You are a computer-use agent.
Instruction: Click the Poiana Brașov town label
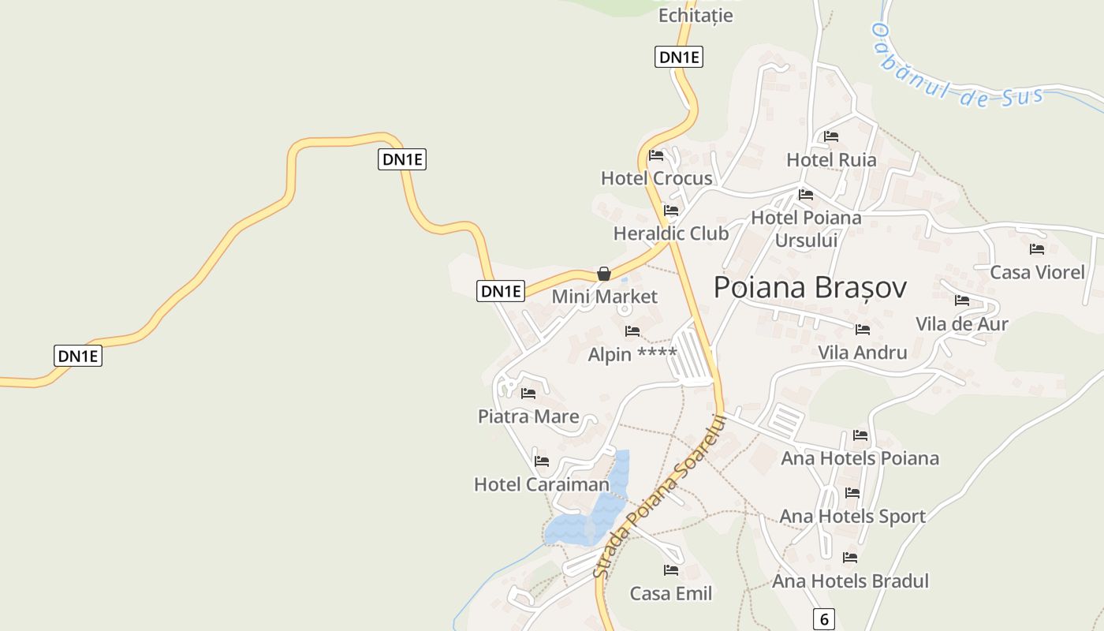(810, 288)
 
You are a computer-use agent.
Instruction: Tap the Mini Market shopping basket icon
(604, 274)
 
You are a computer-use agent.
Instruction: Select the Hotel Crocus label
(656, 178)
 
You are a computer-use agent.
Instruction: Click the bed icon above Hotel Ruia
(831, 136)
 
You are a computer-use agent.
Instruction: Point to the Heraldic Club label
(671, 233)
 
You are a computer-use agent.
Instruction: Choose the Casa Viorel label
(1037, 273)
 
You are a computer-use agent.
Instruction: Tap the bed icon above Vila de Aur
(962, 301)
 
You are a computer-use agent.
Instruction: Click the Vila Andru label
(863, 353)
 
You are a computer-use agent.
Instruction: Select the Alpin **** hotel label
(632, 355)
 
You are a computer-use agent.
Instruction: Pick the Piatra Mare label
(528, 416)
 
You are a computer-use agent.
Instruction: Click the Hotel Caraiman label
(542, 484)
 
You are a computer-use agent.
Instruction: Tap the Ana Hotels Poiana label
(860, 458)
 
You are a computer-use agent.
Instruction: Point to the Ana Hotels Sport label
(852, 517)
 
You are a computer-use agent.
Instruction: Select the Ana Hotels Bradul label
(850, 581)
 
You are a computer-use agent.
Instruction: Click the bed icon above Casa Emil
(671, 569)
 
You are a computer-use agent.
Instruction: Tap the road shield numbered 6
(823, 619)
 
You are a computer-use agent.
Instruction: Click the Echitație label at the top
(696, 15)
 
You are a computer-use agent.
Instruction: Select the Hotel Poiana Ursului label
(806, 228)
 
